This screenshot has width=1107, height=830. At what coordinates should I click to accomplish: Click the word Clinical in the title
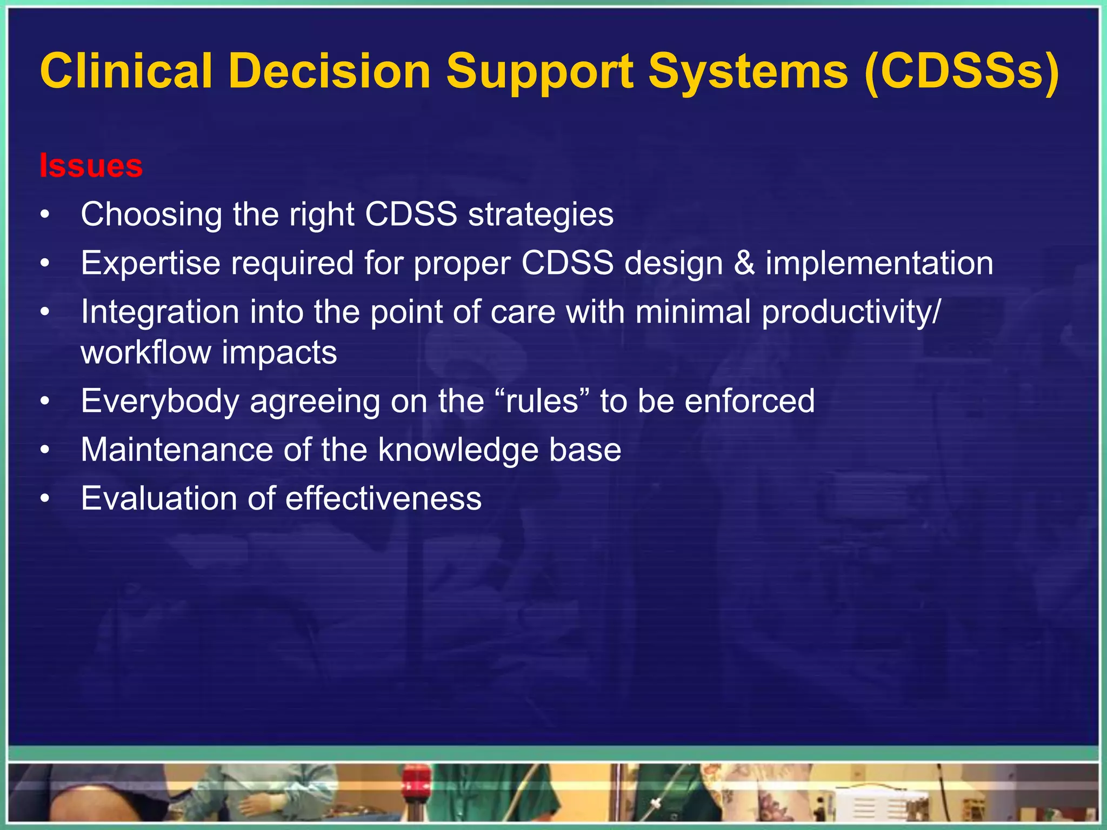coord(126,72)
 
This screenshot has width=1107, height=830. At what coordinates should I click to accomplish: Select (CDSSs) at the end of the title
coord(962,72)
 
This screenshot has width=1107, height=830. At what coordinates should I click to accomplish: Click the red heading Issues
coord(91,166)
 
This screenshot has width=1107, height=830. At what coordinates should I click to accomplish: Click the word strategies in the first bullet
coord(541,215)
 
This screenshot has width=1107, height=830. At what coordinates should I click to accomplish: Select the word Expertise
coord(151,263)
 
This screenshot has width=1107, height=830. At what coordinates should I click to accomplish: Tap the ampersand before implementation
coord(744,263)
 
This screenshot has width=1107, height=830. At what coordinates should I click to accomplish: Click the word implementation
coord(879,263)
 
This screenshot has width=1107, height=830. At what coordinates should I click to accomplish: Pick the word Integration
coord(160,312)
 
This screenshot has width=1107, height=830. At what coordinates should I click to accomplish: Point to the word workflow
coord(145,352)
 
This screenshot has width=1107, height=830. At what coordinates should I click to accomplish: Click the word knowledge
coord(458,450)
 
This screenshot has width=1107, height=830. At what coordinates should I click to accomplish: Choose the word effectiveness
coord(383,498)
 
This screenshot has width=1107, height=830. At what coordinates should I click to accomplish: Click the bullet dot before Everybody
coord(45,402)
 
